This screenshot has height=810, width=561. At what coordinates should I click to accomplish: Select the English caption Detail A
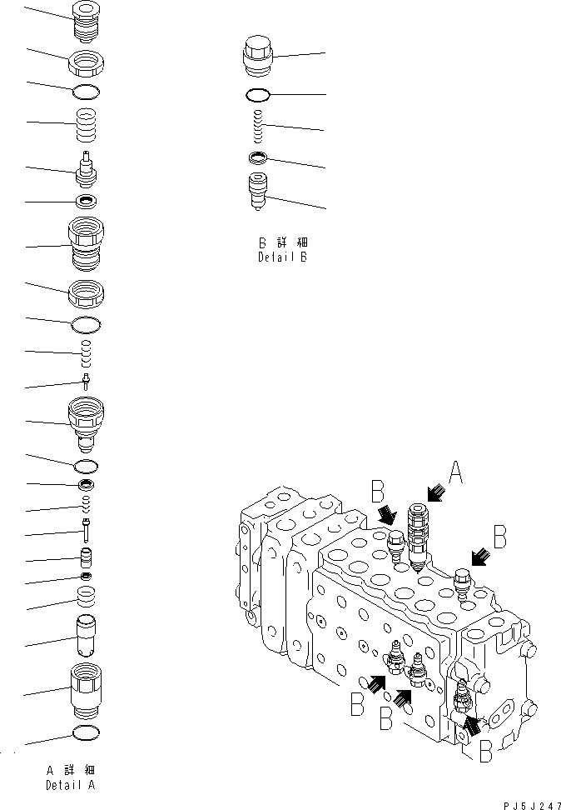click(x=70, y=785)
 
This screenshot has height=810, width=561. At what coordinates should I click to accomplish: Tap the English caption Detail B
click(x=282, y=257)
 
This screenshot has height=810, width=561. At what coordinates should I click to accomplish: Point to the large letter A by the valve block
click(x=454, y=473)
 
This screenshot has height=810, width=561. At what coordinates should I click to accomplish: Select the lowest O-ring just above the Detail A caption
click(x=87, y=732)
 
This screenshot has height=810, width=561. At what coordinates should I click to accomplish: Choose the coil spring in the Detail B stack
click(x=259, y=126)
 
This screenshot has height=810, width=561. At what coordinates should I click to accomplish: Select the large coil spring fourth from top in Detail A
click(x=86, y=126)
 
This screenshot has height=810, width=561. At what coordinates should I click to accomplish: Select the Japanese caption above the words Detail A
click(x=70, y=770)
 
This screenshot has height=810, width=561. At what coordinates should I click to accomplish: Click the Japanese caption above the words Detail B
click(x=282, y=242)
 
